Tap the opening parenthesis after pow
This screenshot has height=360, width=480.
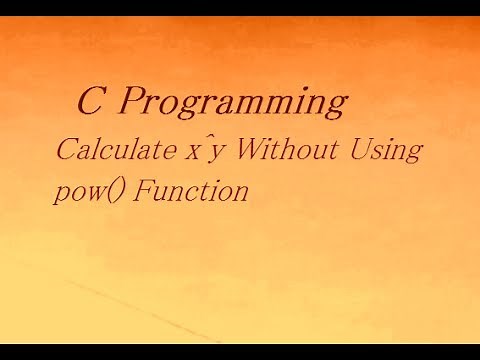(x=105, y=190)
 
